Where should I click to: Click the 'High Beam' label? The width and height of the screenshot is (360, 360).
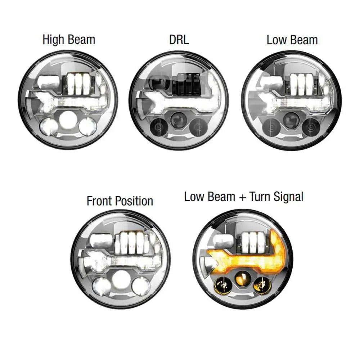tap(69, 40)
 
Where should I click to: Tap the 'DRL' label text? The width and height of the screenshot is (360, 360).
tap(179, 40)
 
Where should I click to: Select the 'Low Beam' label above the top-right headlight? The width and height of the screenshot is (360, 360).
tap(292, 40)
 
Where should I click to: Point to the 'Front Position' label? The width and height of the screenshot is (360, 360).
tap(120, 201)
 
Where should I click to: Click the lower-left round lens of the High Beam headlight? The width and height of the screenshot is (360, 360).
tap(49, 126)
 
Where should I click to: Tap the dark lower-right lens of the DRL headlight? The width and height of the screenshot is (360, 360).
tap(199, 126)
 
